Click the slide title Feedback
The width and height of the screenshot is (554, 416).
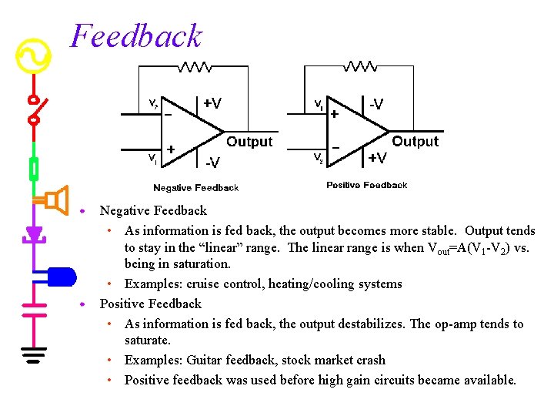(136, 36)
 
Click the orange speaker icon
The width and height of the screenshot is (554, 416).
(55, 200)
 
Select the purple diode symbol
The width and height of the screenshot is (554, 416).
(34, 232)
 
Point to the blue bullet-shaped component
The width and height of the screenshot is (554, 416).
(61, 275)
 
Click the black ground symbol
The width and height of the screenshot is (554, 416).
(34, 355)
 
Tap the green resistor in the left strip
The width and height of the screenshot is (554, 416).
(34, 168)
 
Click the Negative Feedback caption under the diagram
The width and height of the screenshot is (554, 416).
(195, 188)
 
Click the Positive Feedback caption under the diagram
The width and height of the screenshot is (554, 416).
(366, 185)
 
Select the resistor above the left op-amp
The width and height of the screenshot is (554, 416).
(195, 67)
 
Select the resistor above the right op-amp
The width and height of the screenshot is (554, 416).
(362, 67)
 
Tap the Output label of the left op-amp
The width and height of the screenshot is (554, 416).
(249, 142)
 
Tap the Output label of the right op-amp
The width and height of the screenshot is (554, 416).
(415, 141)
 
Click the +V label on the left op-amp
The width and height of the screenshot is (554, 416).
(212, 102)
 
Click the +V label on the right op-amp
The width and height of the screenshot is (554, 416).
(377, 158)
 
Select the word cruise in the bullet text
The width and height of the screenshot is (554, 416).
(200, 283)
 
